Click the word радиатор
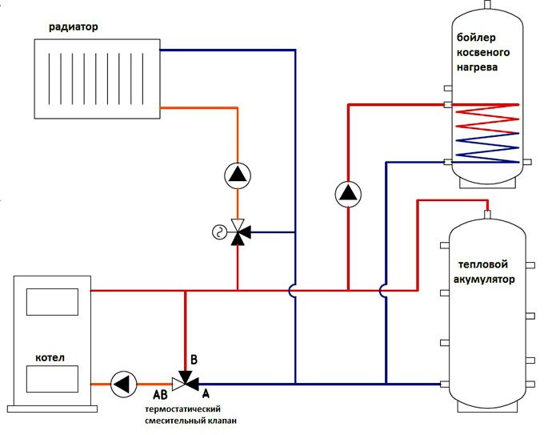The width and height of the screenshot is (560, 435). click(x=73, y=26)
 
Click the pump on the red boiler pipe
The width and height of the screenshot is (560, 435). click(x=348, y=193)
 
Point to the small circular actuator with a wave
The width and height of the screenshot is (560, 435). click(x=217, y=233)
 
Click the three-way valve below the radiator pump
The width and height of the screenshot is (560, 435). click(x=238, y=232)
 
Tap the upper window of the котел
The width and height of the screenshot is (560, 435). click(x=52, y=302)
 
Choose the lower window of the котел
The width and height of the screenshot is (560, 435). click(x=52, y=378)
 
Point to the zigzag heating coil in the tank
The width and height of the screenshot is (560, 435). click(x=486, y=132)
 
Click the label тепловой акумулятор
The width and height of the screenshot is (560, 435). click(x=486, y=273)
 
